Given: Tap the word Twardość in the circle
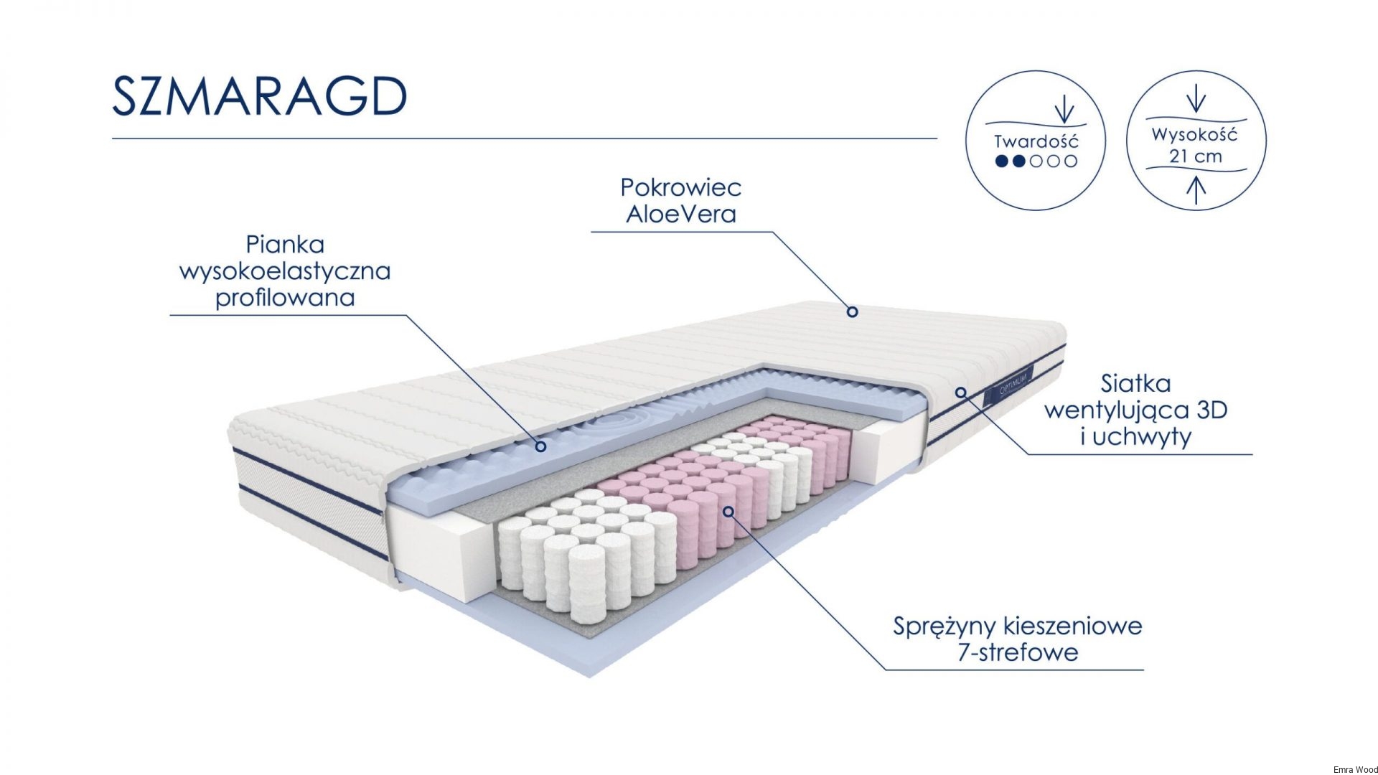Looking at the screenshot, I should pyautogui.click(x=1036, y=141).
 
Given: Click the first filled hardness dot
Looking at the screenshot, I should pyautogui.click(x=1002, y=161).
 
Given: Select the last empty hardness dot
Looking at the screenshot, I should pyautogui.click(x=1071, y=161).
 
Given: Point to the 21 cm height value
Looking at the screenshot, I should pyautogui.click(x=1195, y=156).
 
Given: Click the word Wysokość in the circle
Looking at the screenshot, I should pyautogui.click(x=1195, y=134).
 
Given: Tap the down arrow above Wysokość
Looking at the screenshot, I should pyautogui.click(x=1196, y=99).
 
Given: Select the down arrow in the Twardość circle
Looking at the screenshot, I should pyautogui.click(x=1064, y=110).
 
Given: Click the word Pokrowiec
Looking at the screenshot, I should pyautogui.click(x=680, y=188).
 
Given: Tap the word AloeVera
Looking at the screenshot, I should pyautogui.click(x=680, y=214).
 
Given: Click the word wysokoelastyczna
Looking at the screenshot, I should pyautogui.click(x=285, y=271).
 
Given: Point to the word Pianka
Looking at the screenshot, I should pyautogui.click(x=285, y=245).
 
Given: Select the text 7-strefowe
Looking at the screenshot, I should pyautogui.click(x=1018, y=652).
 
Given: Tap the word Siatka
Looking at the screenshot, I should pyautogui.click(x=1135, y=384).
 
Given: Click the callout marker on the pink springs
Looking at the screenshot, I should pyautogui.click(x=728, y=512).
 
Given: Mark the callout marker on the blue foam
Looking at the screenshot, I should pyautogui.click(x=541, y=446).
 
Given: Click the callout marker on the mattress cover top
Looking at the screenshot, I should pyautogui.click(x=852, y=311).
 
